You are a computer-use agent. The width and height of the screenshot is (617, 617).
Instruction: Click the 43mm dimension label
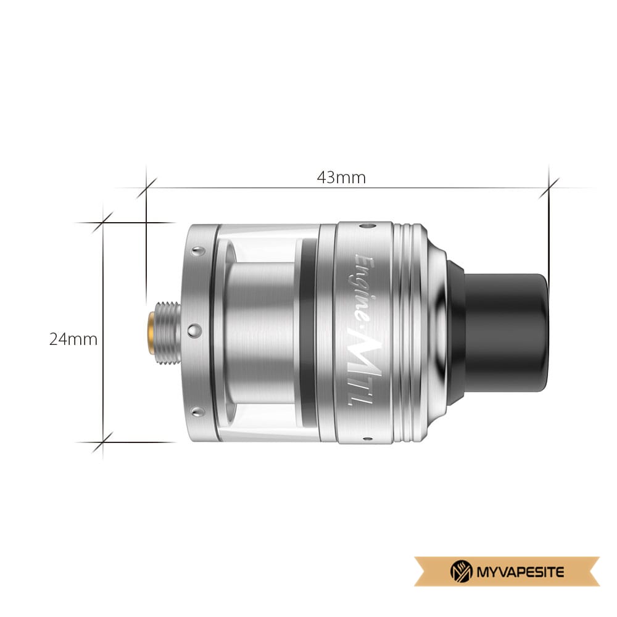(341, 178)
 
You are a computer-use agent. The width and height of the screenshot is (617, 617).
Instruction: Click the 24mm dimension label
(73, 339)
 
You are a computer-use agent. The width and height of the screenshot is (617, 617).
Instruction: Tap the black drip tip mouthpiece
(499, 331)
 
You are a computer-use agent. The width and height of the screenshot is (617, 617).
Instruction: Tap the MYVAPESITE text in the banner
(520, 571)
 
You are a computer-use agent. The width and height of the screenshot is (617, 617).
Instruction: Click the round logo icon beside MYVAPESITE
(461, 571)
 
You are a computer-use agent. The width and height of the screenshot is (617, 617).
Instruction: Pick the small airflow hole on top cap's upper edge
(368, 226)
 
